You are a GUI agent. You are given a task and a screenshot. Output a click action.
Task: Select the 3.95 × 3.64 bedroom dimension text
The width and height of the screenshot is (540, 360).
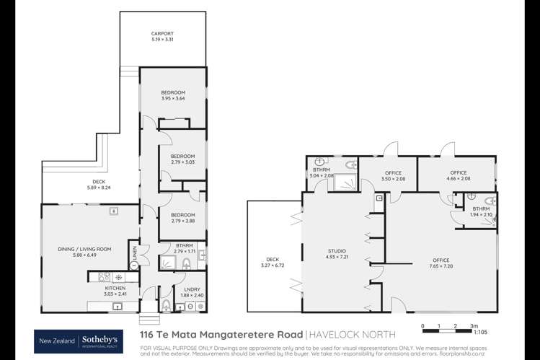point(173,99)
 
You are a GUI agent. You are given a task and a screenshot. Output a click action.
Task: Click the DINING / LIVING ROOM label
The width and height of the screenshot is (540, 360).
point(85,248)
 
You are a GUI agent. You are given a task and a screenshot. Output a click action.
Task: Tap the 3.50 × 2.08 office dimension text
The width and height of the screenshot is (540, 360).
point(392,178)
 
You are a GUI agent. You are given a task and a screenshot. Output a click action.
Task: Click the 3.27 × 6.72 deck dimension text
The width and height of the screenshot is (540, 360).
point(271,264)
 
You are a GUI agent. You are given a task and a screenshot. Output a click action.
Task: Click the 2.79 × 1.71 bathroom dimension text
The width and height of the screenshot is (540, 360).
point(183,250)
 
